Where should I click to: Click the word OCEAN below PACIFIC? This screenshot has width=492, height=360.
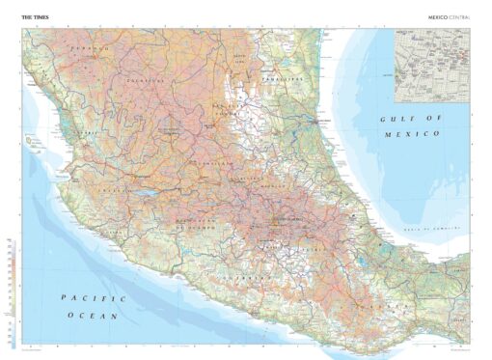click(x=101, y=316)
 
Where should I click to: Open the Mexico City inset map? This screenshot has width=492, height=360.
click(x=431, y=55)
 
